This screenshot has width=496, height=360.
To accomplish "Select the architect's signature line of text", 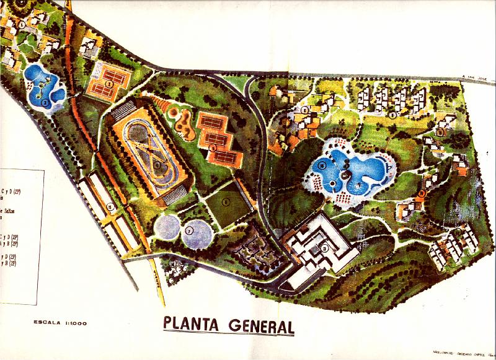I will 458,351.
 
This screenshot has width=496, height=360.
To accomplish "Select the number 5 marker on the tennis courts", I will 213,147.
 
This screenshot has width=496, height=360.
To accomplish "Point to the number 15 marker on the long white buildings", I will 110,207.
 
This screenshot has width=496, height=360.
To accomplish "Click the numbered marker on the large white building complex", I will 324,248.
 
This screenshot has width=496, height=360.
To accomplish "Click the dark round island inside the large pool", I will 335,183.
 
